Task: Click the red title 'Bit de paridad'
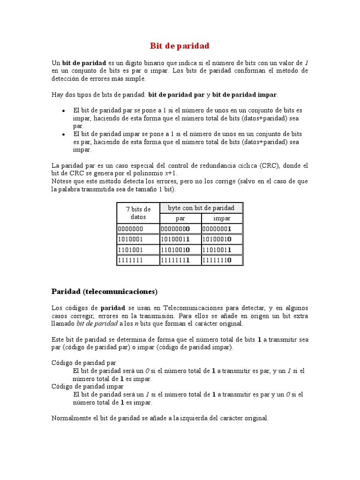(x=180, y=46)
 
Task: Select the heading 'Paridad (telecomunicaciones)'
(x=104, y=292)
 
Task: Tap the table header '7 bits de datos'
(x=138, y=213)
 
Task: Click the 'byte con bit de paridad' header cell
(x=201, y=208)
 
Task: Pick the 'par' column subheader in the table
(x=180, y=218)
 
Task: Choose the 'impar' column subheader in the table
(x=222, y=218)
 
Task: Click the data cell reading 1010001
(x=131, y=239)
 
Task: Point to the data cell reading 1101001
(x=131, y=249)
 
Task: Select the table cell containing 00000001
(x=217, y=229)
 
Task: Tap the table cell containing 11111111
(x=175, y=260)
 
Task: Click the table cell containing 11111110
(x=217, y=260)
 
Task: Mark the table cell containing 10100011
(x=175, y=239)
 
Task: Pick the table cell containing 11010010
(x=175, y=249)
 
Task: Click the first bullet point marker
(x=63, y=111)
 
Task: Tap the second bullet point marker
(x=63, y=135)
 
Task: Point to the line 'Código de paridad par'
(x=83, y=363)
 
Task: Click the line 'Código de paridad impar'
(x=87, y=386)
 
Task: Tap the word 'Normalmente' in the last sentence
(x=69, y=418)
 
